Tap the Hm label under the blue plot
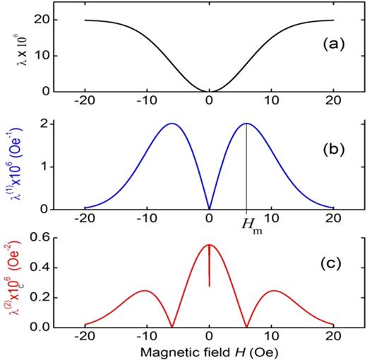coord(246,224)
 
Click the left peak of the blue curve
coord(172,124)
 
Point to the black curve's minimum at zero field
coord(209,90)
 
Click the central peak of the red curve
coord(209,245)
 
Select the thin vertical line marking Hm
coord(246,169)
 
